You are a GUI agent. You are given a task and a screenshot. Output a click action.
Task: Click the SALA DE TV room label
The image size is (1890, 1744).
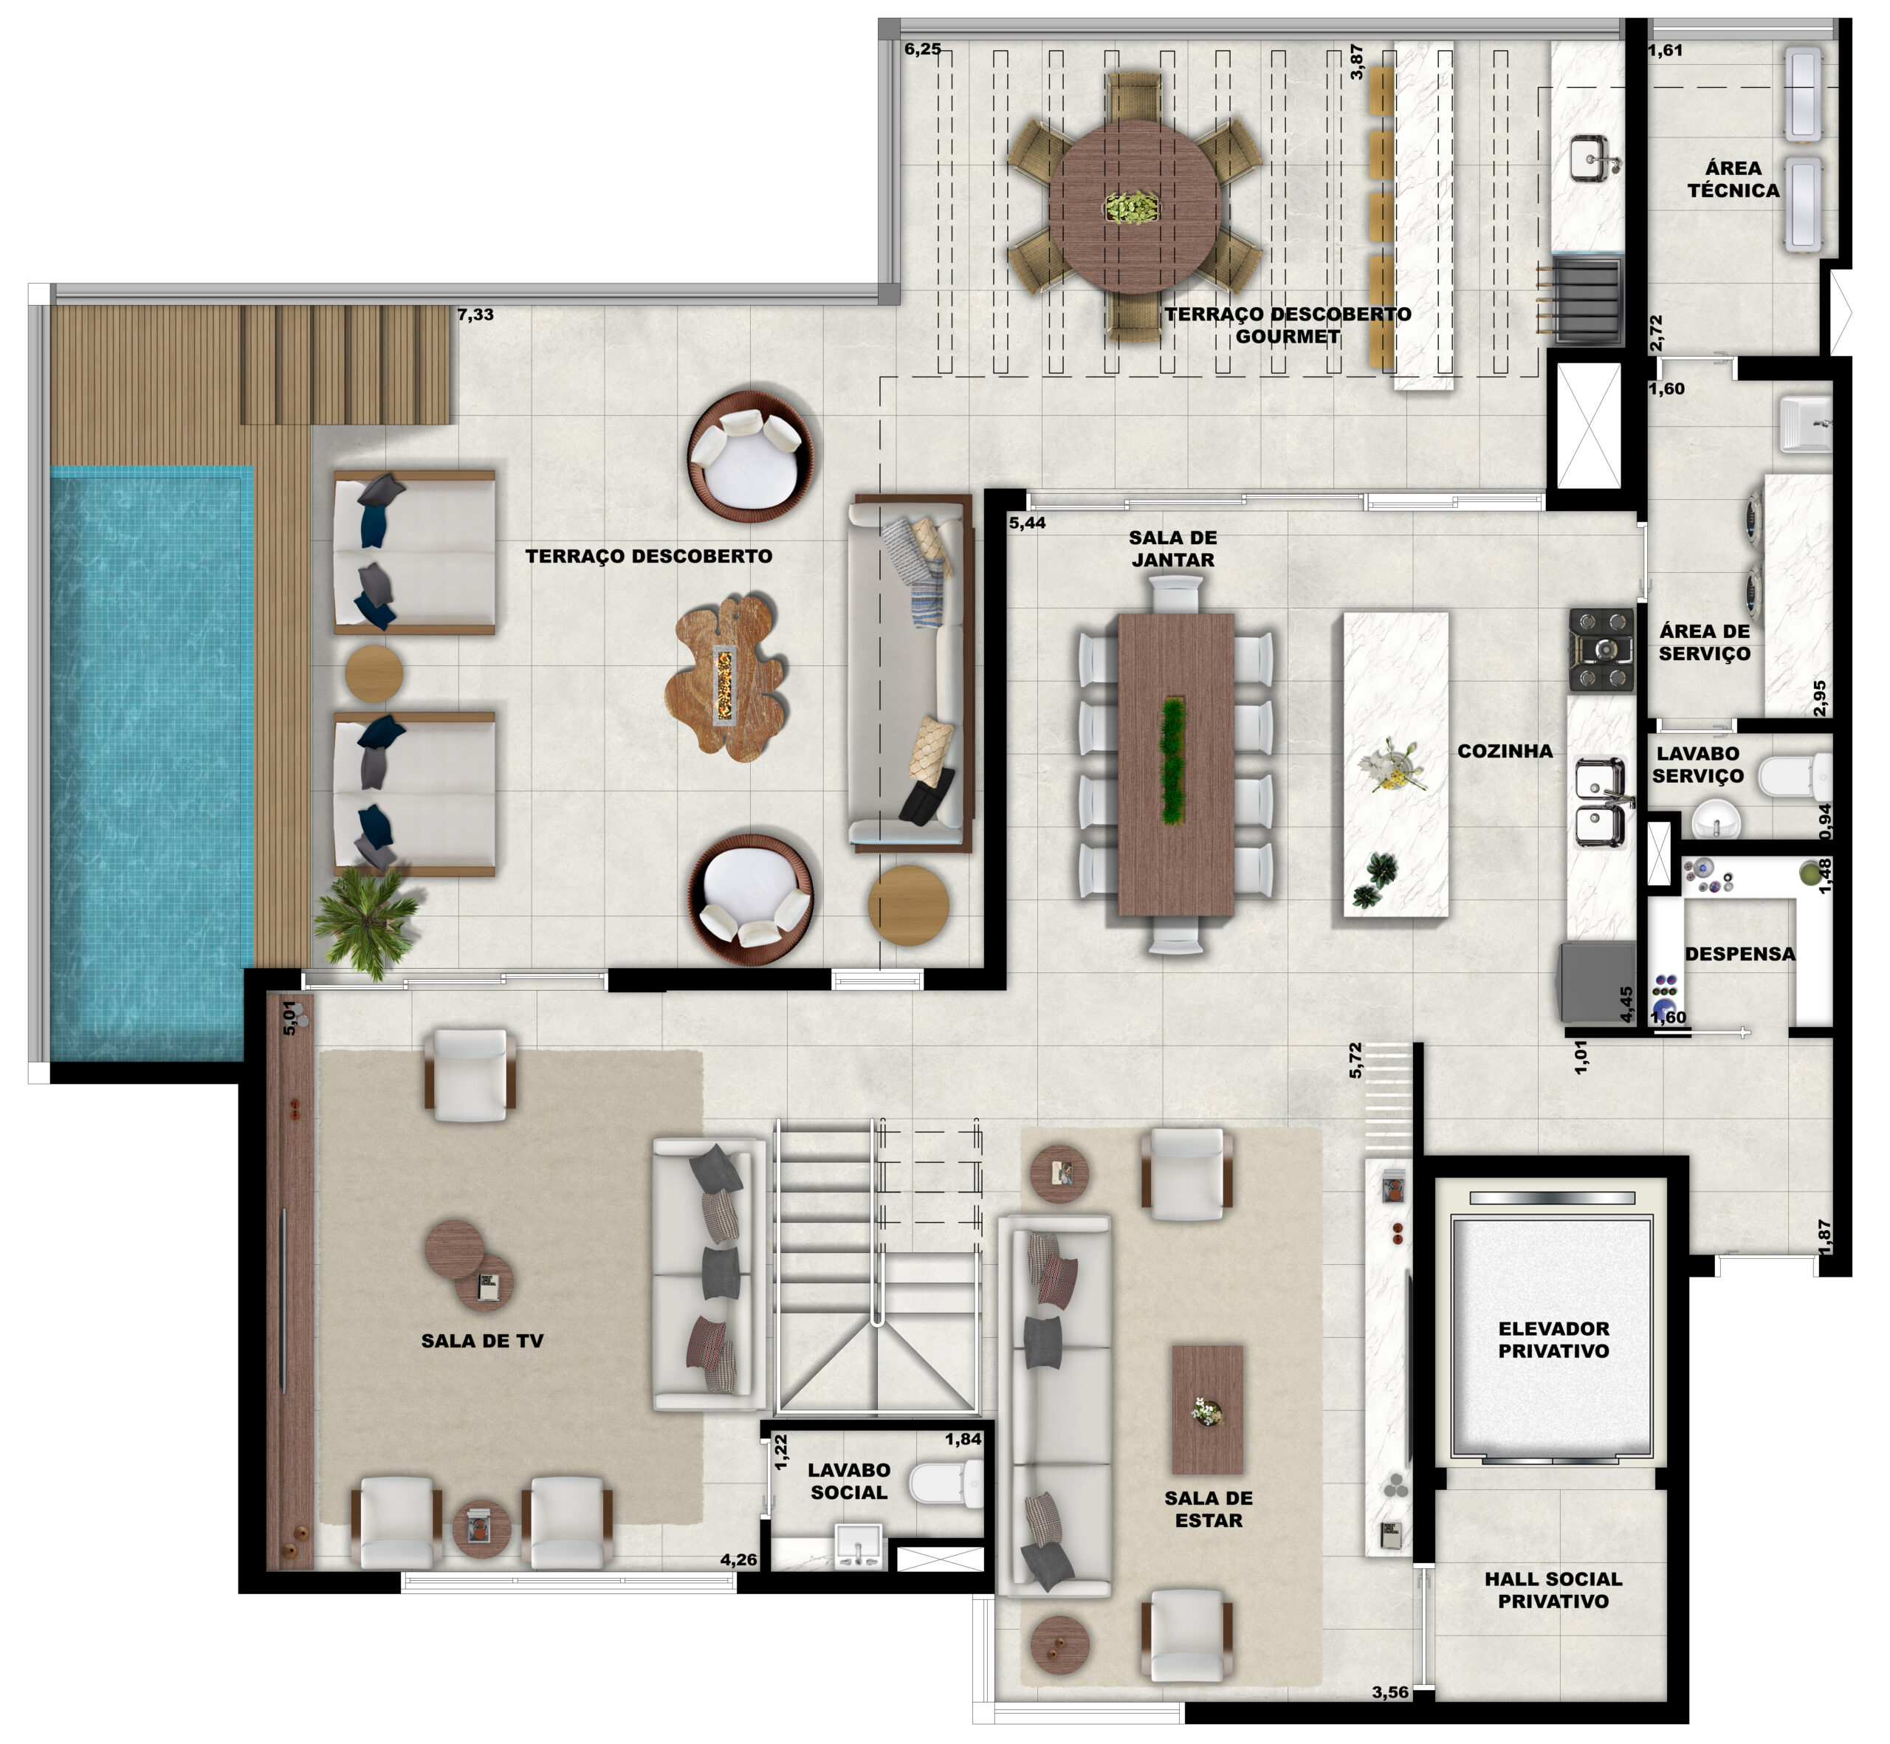click(x=482, y=1341)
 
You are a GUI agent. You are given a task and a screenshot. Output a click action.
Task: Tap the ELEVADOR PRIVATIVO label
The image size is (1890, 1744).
click(x=1553, y=1340)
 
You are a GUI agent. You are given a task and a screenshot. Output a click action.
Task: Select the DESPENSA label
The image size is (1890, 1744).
click(x=1740, y=954)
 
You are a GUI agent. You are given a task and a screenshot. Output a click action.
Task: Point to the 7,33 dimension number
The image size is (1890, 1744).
click(x=475, y=315)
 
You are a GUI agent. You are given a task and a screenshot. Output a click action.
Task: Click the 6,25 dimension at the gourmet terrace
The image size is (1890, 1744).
click(x=923, y=49)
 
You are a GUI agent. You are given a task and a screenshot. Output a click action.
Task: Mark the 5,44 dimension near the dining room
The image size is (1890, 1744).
click(x=1028, y=523)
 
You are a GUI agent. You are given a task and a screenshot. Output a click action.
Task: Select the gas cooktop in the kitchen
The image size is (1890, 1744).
click(x=1601, y=649)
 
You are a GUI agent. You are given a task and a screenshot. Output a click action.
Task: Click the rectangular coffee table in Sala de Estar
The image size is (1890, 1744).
click(x=1208, y=1410)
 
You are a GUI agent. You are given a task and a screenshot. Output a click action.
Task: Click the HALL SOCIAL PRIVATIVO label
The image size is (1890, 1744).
click(x=1553, y=1590)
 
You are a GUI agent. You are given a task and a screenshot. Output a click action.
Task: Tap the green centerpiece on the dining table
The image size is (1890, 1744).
click(x=1174, y=761)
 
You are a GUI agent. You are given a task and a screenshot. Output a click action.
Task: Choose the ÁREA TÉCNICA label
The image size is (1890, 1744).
click(x=1733, y=179)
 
